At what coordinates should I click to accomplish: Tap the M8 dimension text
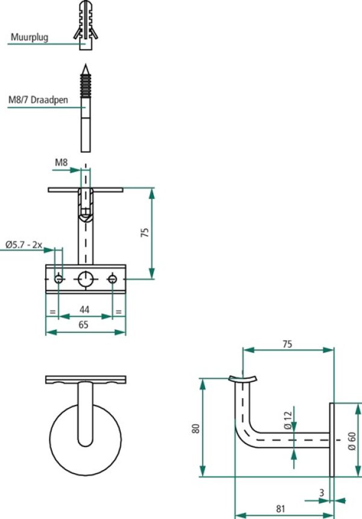(x=61, y=163)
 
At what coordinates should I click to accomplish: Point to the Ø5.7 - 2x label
(x=24, y=244)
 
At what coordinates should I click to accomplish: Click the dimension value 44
(x=85, y=309)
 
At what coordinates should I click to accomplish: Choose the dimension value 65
(x=83, y=324)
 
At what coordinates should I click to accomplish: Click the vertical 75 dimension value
(x=145, y=233)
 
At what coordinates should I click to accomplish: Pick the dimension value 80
(x=195, y=428)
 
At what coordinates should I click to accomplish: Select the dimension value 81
(x=281, y=509)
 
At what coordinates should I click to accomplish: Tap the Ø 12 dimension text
(x=287, y=420)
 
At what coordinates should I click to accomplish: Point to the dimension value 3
(x=322, y=493)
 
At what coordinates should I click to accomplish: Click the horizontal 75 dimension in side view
(x=287, y=344)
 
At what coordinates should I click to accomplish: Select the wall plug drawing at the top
(x=84, y=24)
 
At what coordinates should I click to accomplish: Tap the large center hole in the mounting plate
(x=86, y=279)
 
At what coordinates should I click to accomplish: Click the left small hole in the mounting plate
(x=59, y=279)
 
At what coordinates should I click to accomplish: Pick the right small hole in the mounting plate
(x=113, y=279)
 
